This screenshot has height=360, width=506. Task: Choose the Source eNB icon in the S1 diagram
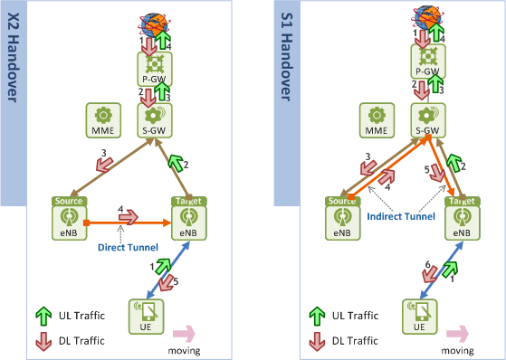(341, 220)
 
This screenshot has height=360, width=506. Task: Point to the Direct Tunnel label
(128, 246)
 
